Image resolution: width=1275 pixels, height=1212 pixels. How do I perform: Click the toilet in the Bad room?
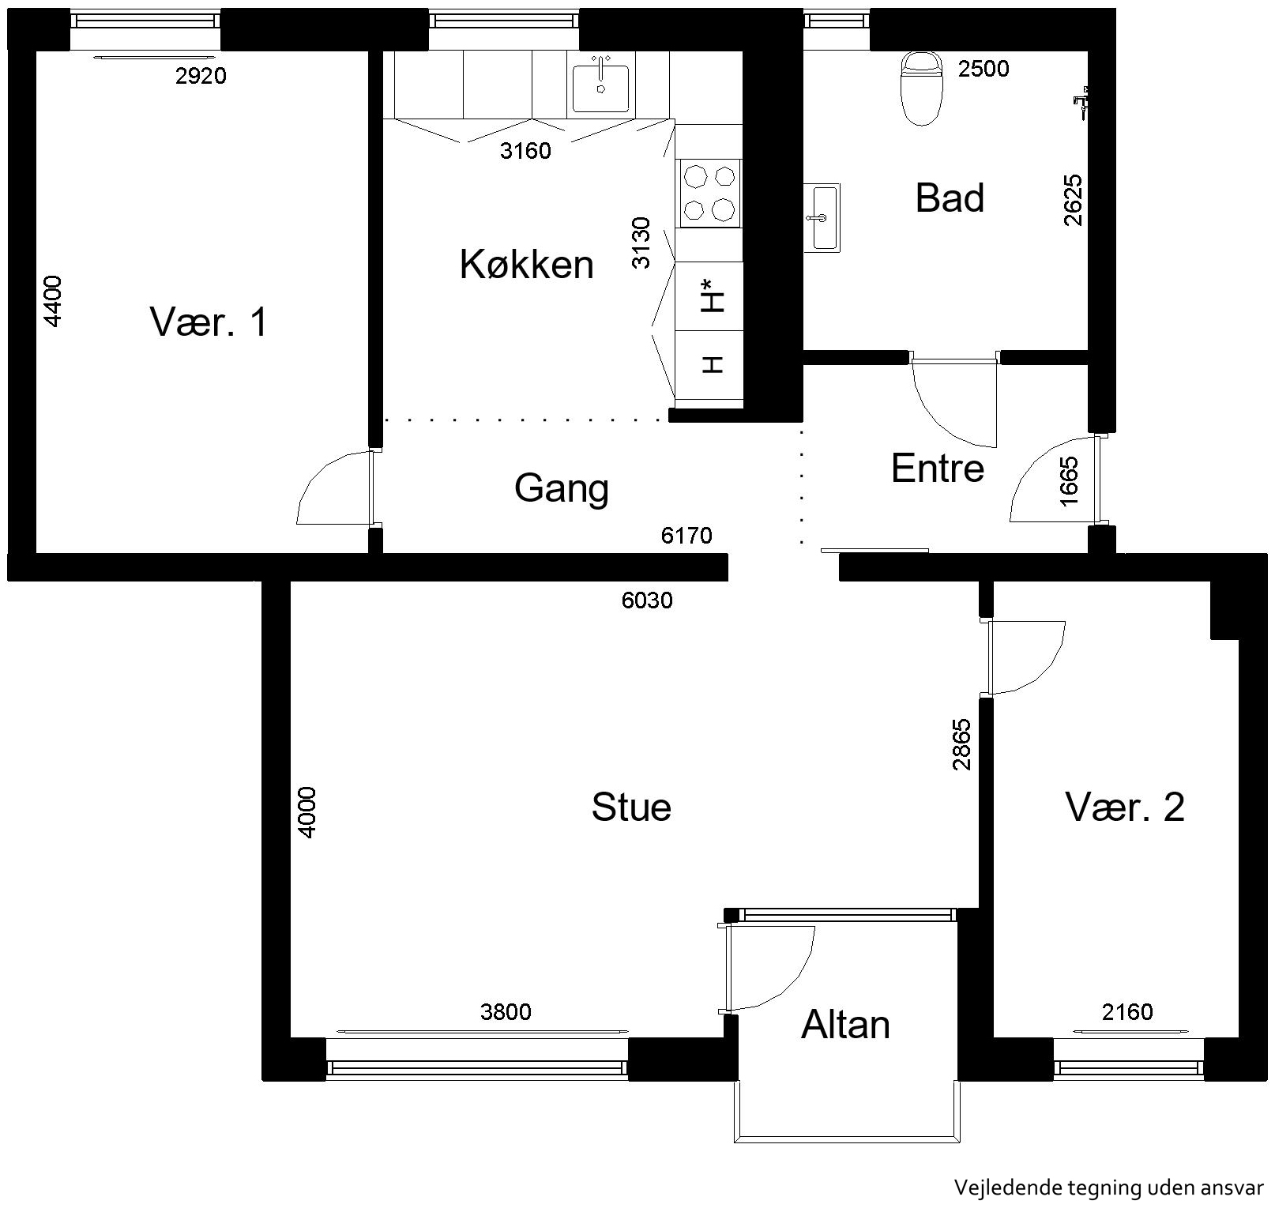(922, 88)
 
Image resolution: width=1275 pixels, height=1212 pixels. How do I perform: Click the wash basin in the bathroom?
(822, 217)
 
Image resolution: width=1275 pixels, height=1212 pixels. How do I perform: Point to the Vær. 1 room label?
(209, 322)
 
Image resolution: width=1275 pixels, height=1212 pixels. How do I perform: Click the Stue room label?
(631, 807)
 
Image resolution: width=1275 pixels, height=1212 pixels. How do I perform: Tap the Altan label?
(845, 1025)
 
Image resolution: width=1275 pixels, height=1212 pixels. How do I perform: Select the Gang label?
(562, 489)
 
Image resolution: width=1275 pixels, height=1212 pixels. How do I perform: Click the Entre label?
(938, 469)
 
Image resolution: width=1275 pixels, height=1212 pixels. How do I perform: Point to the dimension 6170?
(686, 536)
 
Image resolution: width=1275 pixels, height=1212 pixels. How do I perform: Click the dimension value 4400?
(52, 300)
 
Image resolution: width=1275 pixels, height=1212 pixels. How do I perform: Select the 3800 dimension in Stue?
(506, 1011)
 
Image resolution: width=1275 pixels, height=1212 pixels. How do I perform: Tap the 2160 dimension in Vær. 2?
(1127, 1011)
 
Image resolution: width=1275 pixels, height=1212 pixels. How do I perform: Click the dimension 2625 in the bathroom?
(1073, 200)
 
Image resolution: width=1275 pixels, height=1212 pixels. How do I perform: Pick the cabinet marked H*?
(709, 296)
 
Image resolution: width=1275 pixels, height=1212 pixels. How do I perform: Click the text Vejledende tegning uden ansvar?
(1109, 1188)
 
